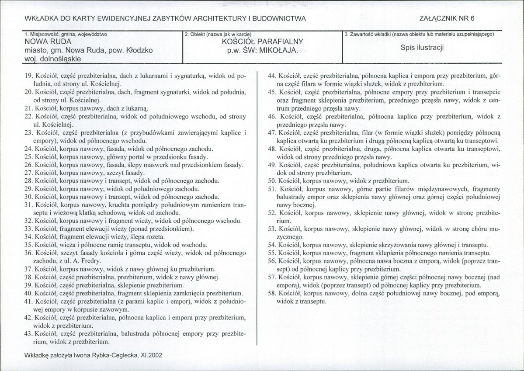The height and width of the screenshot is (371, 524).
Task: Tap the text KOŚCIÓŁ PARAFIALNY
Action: click(x=262, y=42)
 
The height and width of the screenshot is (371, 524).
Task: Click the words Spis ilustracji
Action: click(x=422, y=48)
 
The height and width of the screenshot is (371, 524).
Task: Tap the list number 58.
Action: click(x=272, y=294)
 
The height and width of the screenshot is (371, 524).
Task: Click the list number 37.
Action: click(x=29, y=269)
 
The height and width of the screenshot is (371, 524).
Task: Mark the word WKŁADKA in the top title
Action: click(x=40, y=18)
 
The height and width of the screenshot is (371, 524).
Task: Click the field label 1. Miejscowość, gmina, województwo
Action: click(x=66, y=34)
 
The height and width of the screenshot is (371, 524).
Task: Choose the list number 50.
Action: click(x=272, y=180)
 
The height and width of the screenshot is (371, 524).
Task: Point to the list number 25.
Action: click(x=29, y=156)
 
